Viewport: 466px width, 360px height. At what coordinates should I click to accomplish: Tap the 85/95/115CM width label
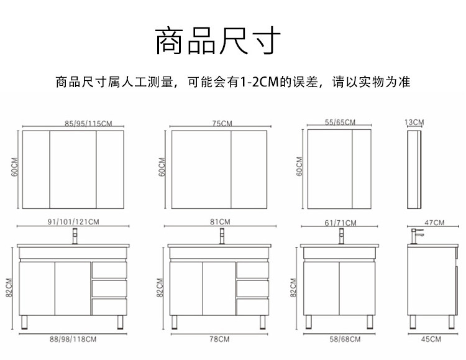88,123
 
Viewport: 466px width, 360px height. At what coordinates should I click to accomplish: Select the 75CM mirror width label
221,123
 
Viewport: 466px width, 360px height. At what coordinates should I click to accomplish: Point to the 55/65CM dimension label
340,122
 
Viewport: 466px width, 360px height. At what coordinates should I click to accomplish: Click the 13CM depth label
414,122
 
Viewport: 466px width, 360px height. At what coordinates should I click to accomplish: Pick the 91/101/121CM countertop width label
73,221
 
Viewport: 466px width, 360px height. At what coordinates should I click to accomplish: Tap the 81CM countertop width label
221,221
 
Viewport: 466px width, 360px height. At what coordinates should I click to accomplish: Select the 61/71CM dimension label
341,223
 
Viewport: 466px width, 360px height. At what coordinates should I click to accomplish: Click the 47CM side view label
434,222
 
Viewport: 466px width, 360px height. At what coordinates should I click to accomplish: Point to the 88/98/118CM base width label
73,339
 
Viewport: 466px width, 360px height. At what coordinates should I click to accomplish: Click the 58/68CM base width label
341,339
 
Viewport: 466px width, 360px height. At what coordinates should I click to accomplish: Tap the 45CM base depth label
431,339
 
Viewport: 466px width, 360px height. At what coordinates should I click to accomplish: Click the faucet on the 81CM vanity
222,236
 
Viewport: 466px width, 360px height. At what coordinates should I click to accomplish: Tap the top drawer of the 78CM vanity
252,269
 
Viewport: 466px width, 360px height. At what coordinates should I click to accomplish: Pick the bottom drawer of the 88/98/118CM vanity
109,306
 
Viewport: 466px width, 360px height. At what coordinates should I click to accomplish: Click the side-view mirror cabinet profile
414,169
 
